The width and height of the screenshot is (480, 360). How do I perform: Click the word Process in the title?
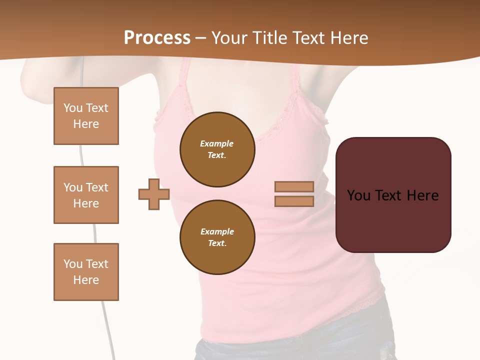(157, 38)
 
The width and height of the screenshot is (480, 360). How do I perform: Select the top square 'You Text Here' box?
(86, 116)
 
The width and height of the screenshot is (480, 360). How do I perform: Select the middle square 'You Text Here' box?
(86, 195)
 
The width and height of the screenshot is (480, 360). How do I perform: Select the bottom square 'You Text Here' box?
(86, 271)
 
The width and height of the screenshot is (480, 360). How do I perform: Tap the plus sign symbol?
(154, 194)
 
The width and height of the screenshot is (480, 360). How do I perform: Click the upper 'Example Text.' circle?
(217, 149)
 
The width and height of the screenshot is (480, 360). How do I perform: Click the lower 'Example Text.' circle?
(217, 237)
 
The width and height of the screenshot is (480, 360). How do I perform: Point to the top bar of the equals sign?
(294, 187)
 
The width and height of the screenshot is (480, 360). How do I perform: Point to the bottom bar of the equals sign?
(294, 201)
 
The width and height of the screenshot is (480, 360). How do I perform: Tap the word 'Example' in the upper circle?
(217, 143)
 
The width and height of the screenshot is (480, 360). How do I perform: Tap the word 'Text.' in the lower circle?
(217, 243)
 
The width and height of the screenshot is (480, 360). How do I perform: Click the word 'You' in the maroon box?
(358, 195)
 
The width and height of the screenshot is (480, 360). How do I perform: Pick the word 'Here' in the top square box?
(86, 124)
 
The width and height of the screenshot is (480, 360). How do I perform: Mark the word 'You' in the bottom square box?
(72, 264)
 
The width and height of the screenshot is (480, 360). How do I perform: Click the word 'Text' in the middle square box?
(97, 187)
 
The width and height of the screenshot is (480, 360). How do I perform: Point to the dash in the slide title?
(201, 38)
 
